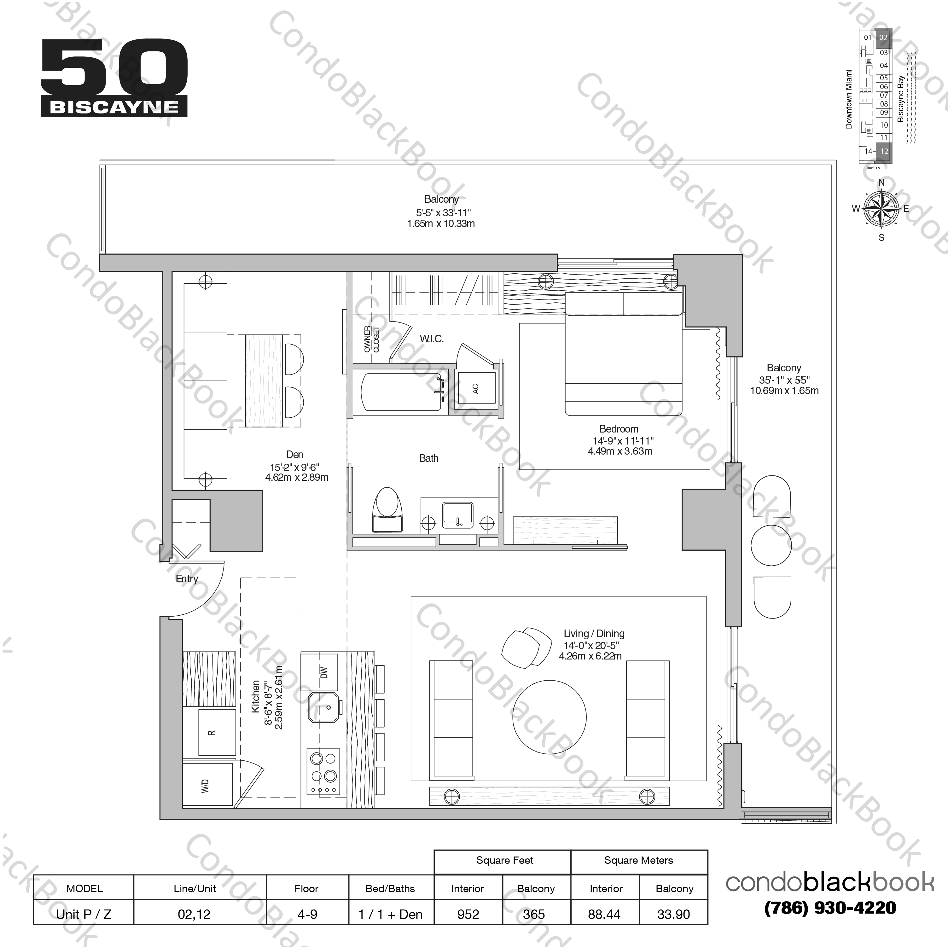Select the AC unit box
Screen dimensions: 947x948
click(475, 389)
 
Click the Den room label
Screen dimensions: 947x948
click(294, 455)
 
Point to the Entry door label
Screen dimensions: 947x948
click(187, 579)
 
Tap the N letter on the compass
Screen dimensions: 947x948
click(881, 183)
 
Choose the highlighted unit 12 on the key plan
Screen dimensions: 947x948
click(884, 151)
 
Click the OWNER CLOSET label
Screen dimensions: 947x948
click(371, 339)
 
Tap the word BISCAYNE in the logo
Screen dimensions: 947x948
click(114, 107)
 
